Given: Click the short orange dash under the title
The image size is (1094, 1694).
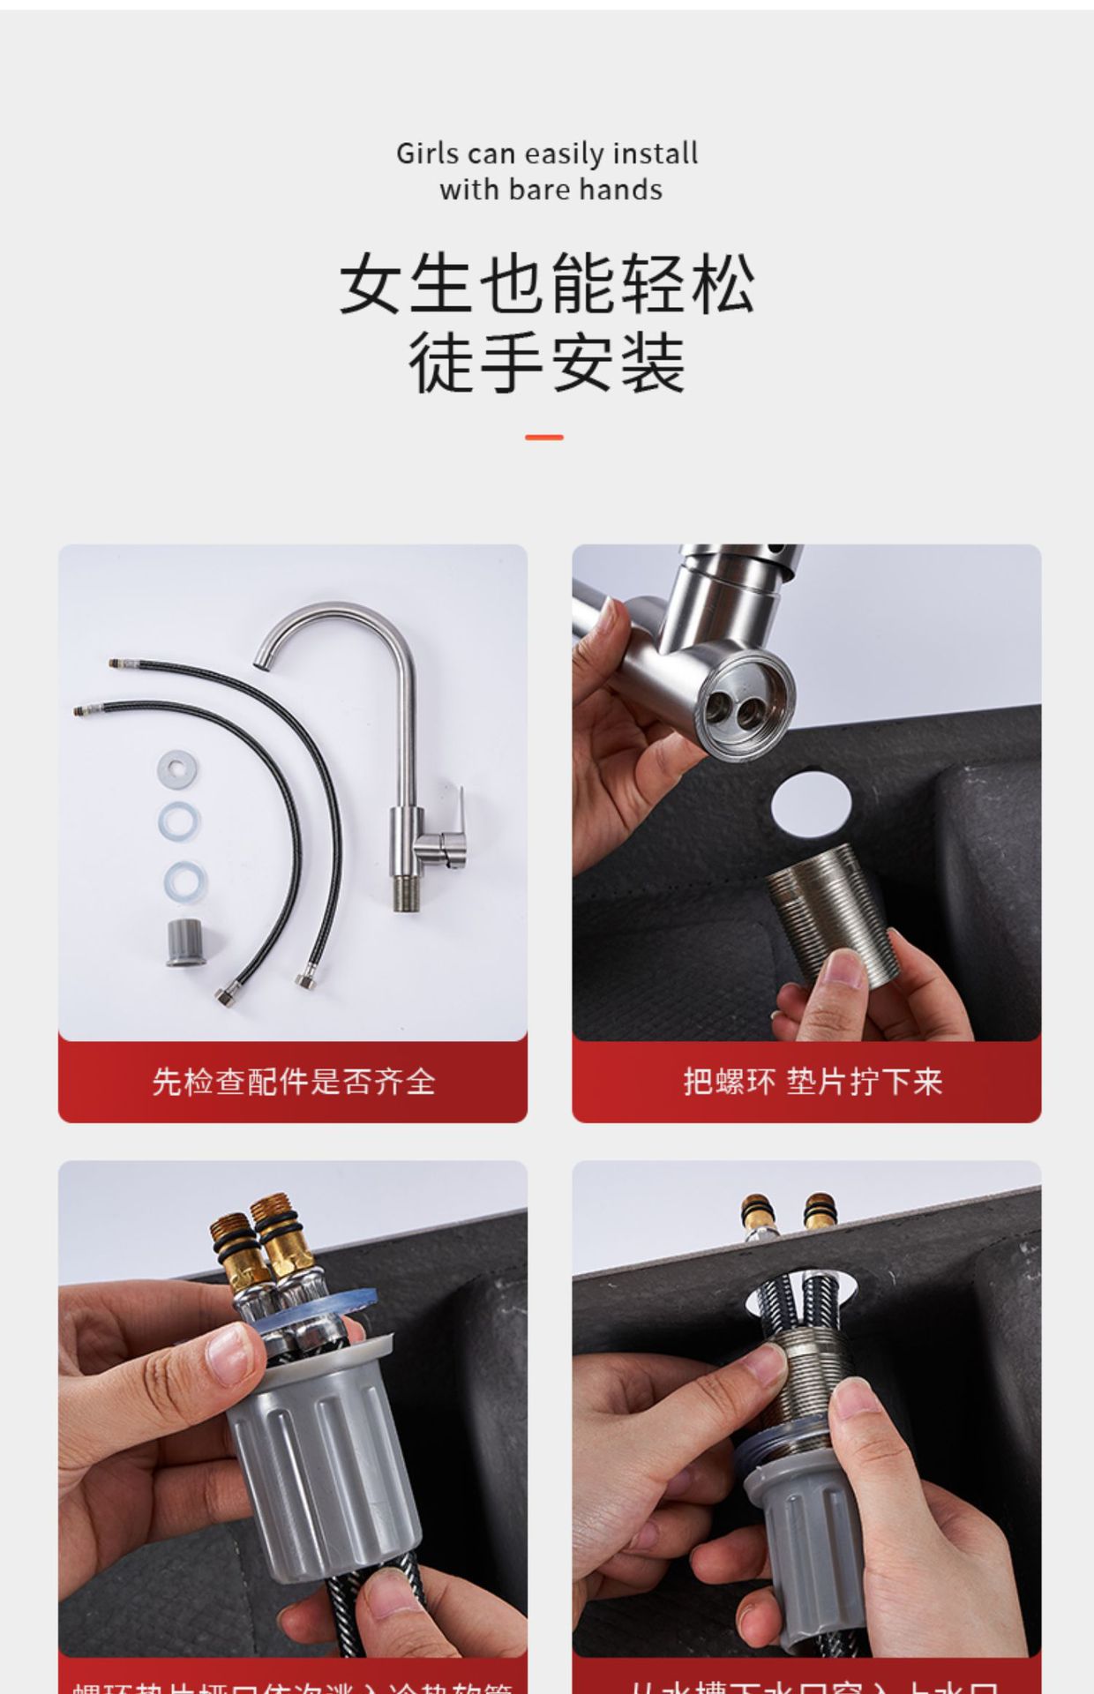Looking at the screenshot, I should pos(543,437).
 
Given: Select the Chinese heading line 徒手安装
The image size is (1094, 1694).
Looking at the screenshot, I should pos(547,362).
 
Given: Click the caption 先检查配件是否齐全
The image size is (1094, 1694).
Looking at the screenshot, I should pos(293,1082).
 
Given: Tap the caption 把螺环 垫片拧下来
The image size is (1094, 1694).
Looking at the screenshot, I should pos(812,1082).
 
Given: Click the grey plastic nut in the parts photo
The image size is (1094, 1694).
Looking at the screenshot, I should pos(186,943).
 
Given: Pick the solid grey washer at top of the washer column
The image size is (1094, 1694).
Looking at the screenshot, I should pos(177,767).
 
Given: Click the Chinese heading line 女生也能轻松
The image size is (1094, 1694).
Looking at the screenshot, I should pos(547,284).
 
